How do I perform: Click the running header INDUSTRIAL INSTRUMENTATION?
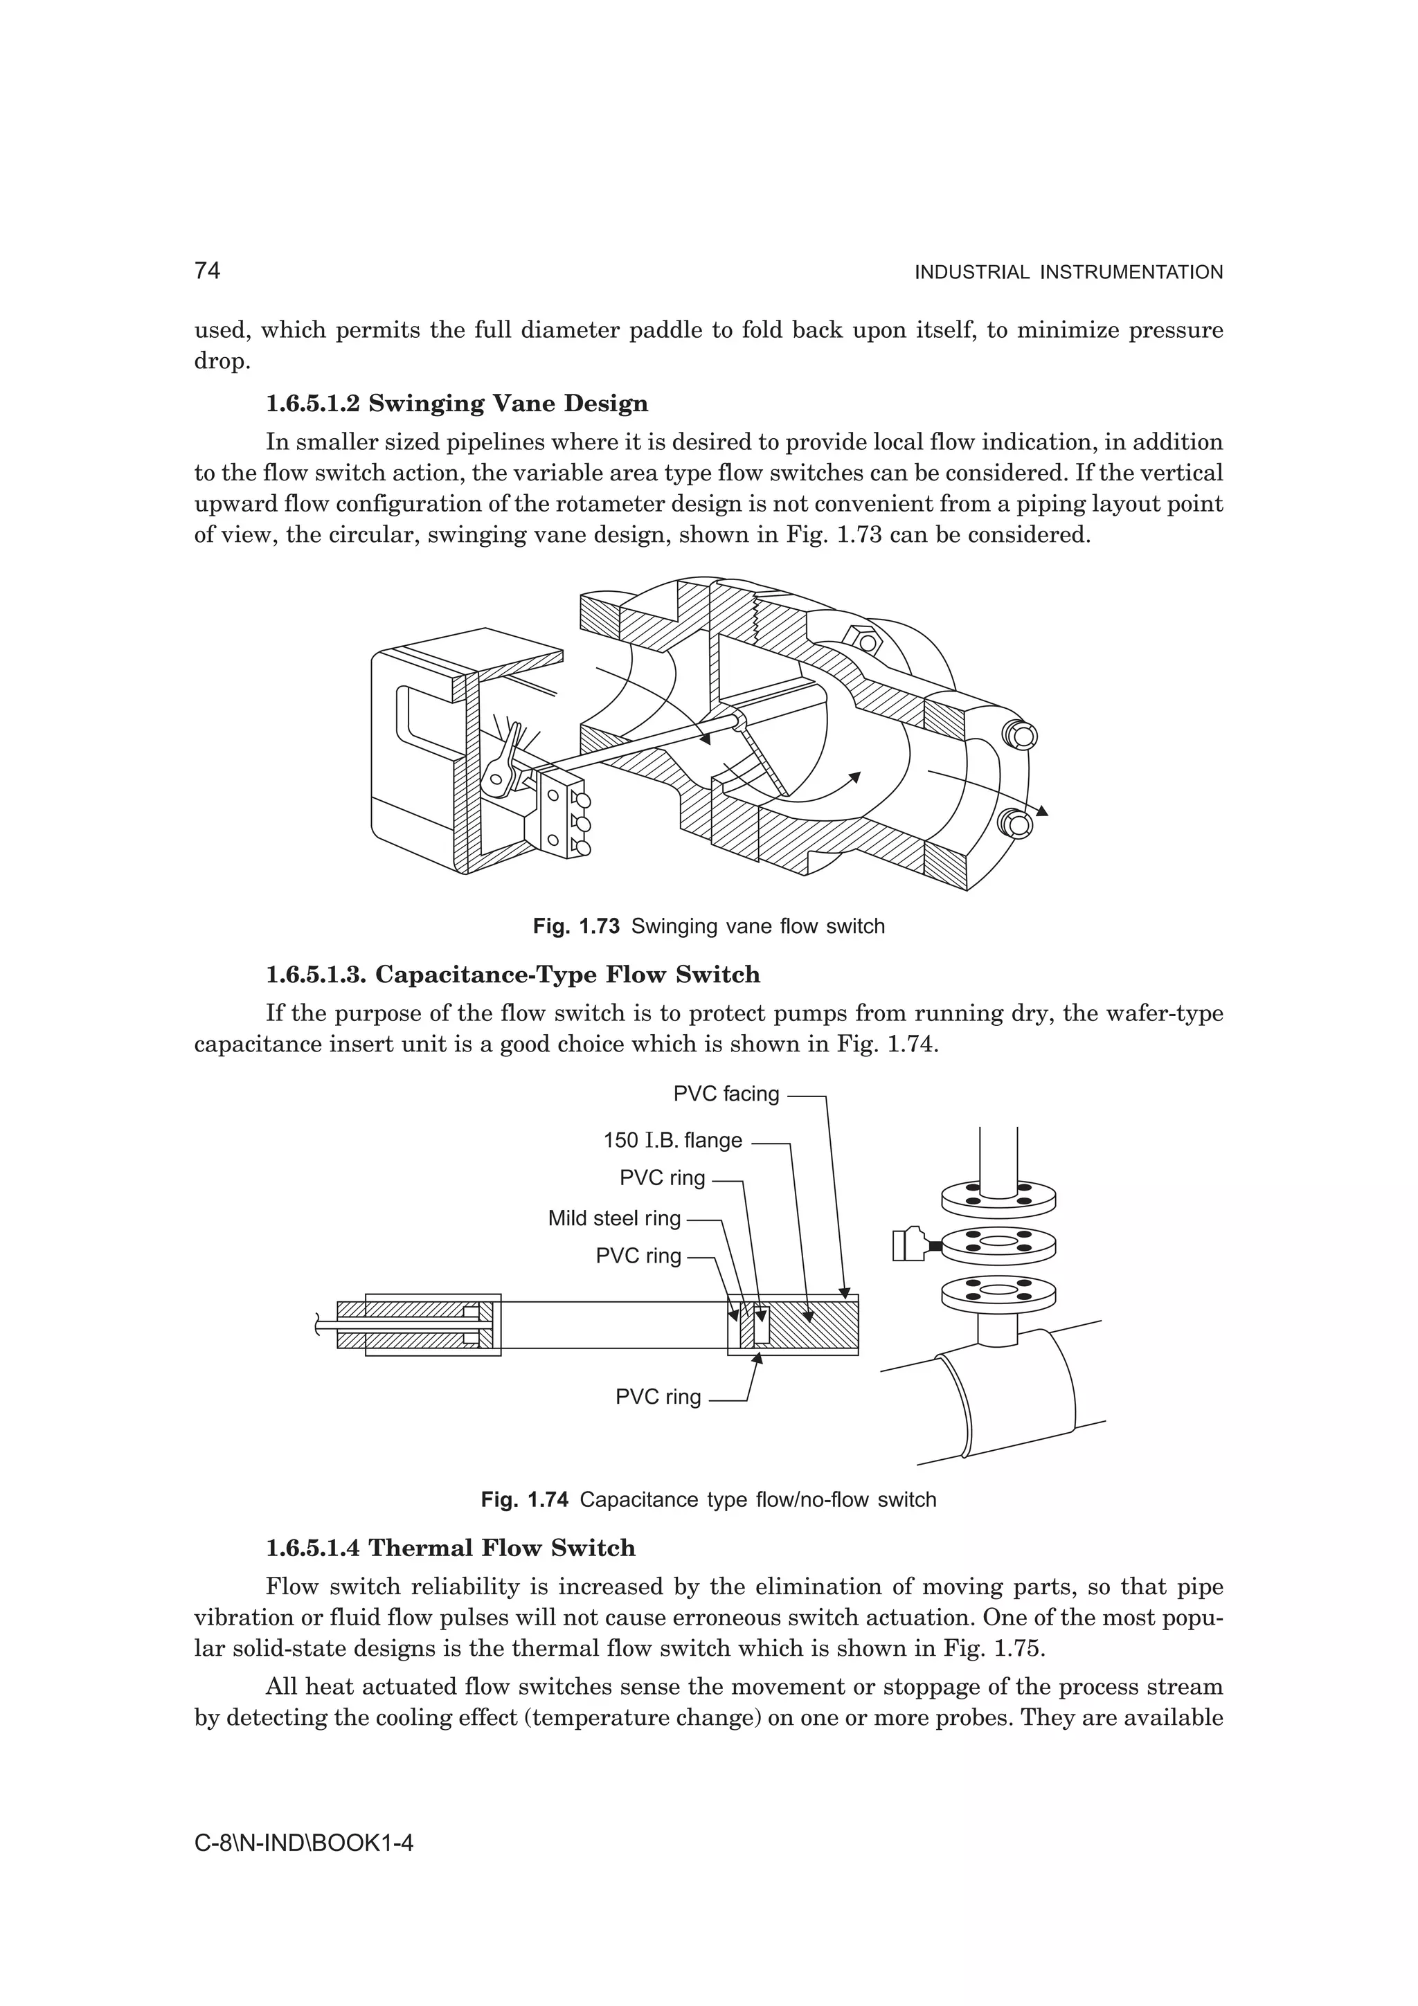point(1068,273)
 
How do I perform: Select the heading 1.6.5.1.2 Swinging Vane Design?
point(457,404)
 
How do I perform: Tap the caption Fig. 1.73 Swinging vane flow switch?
point(708,926)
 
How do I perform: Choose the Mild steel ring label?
point(613,1218)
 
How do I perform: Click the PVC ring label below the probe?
point(658,1397)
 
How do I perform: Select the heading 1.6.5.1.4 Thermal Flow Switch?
point(451,1548)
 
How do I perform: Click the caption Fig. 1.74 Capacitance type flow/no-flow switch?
point(708,1500)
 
